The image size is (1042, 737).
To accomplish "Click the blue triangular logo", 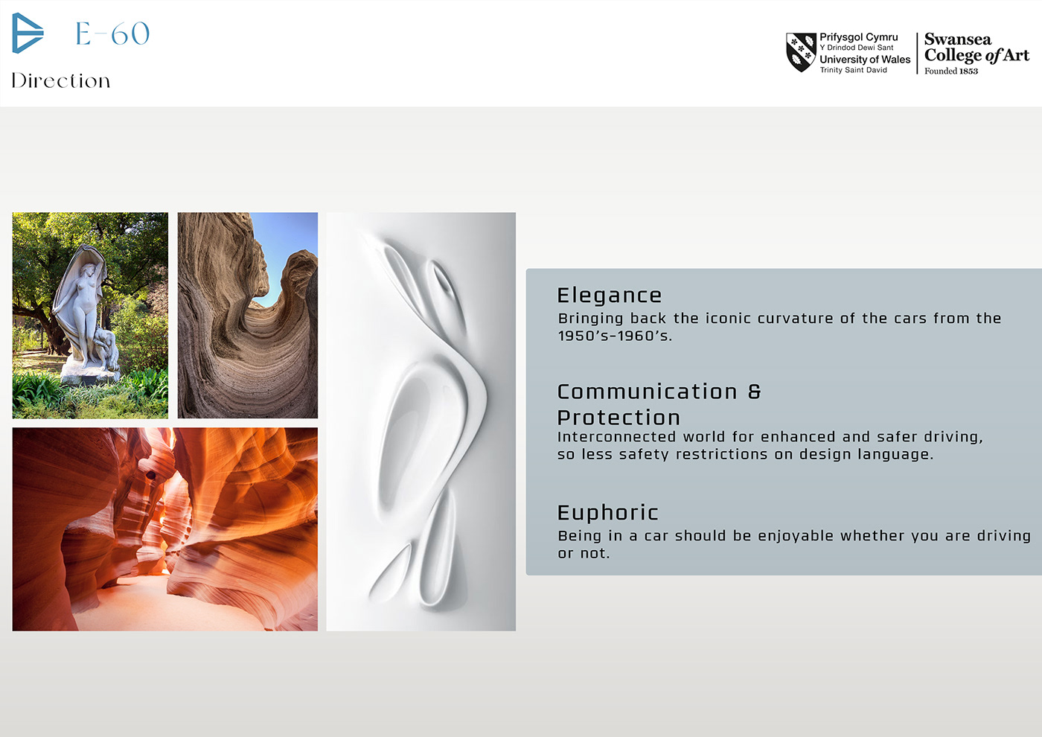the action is click(27, 33).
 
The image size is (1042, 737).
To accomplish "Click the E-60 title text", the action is click(112, 33).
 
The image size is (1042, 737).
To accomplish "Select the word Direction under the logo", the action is click(61, 80).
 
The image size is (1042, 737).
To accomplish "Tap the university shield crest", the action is click(801, 52).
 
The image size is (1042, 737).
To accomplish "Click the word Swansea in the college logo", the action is click(958, 39).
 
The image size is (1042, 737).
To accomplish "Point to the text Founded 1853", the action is click(951, 71).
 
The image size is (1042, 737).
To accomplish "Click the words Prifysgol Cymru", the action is click(859, 37).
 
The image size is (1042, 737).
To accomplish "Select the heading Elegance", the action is click(610, 296).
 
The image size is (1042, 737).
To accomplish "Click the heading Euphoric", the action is click(607, 513).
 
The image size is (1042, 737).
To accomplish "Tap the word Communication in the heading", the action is click(647, 392).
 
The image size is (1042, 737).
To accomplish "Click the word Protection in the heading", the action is click(619, 418).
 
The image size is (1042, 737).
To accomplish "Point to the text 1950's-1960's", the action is click(615, 336).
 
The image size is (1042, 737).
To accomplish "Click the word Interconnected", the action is click(616, 437).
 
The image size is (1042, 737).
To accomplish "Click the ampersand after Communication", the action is click(755, 392).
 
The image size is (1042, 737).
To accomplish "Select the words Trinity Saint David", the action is click(853, 70).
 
